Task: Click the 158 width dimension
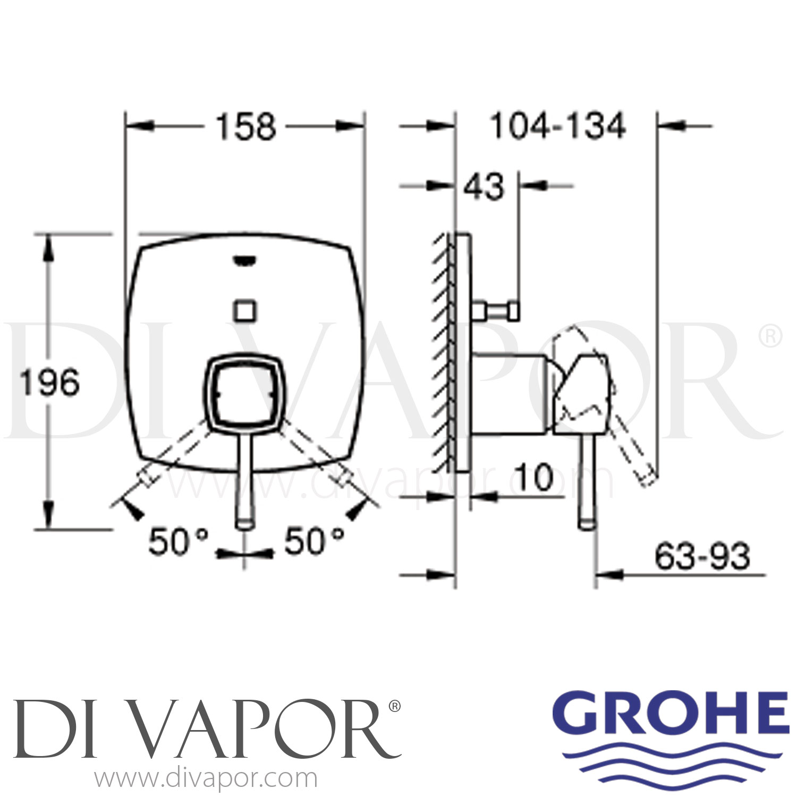[x=245, y=128]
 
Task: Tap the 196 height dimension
[x=49, y=382]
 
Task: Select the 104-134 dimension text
[x=557, y=127]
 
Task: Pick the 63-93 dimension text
[x=702, y=556]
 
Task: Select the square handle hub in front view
[x=244, y=393]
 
